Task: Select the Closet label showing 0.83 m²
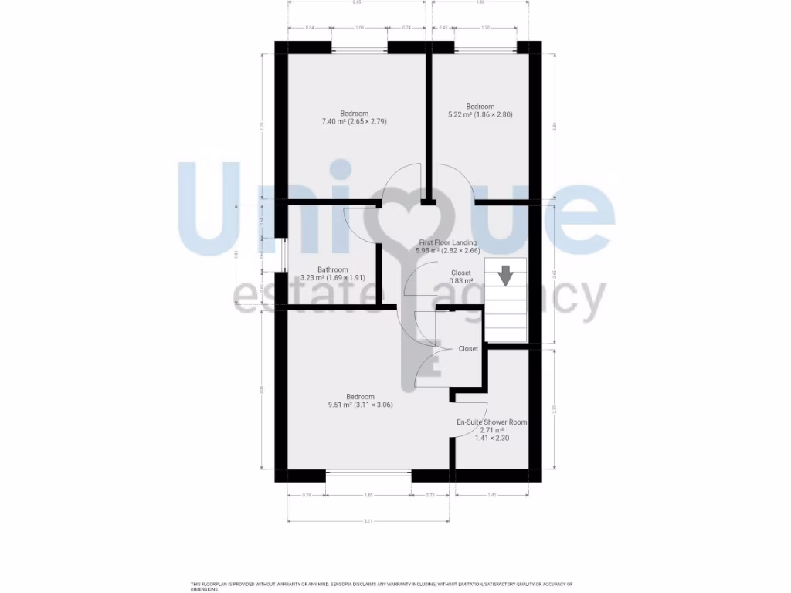pos(460,273)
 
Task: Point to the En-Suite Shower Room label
pos(492,422)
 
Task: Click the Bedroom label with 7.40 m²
pos(355,114)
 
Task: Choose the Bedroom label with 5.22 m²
pos(480,107)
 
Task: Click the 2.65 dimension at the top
pos(356,2)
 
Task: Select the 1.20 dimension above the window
pos(485,28)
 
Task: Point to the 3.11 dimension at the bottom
pos(368,522)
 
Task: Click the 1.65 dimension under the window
pos(368,495)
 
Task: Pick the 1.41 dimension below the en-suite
pos(492,495)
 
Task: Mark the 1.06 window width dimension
pos(359,28)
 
